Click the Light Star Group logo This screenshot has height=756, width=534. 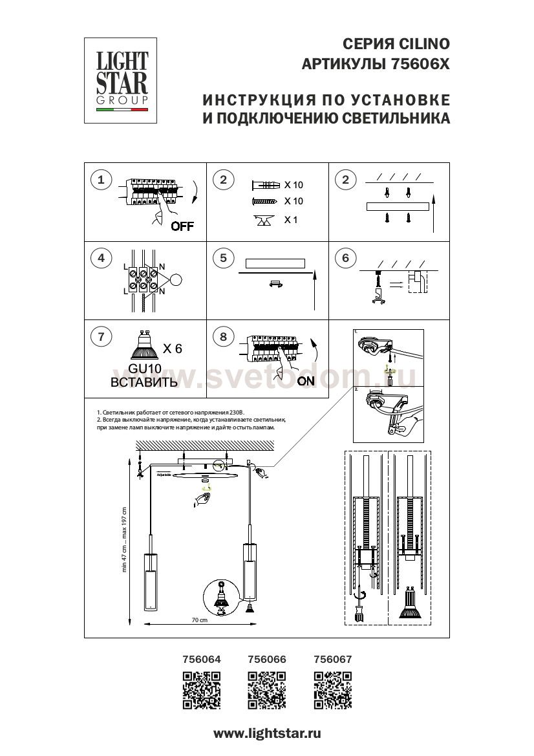click(x=122, y=80)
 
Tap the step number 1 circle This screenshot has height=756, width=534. click(x=101, y=180)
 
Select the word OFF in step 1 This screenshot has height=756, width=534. click(x=182, y=226)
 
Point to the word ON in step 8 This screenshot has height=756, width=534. click(x=306, y=381)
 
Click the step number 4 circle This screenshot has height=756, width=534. click(x=101, y=259)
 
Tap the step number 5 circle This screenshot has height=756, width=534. click(x=223, y=259)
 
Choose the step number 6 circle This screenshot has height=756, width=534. click(x=345, y=259)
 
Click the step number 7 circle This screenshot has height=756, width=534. click(x=101, y=336)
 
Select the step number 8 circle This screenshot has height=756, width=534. click(x=223, y=336)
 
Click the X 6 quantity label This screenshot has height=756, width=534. click(x=172, y=349)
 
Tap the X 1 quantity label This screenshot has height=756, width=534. click(x=292, y=220)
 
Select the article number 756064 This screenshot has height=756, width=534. click(x=202, y=660)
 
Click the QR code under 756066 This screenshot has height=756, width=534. click(x=267, y=690)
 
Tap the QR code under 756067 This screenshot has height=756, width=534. click(x=332, y=690)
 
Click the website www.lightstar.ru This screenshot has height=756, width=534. click(x=267, y=733)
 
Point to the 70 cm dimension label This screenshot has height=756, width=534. click(x=199, y=620)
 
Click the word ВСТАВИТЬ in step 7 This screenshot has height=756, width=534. click(x=144, y=382)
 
